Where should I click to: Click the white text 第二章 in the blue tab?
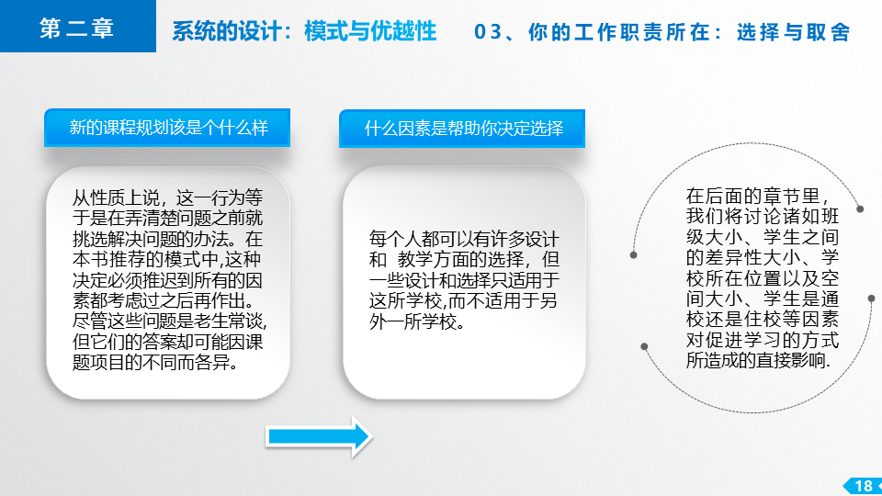[77, 28]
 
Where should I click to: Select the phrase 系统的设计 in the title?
[227, 31]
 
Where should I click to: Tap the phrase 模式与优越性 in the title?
[370, 31]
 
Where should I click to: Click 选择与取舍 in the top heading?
[793, 32]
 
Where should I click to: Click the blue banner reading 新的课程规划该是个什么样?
[167, 128]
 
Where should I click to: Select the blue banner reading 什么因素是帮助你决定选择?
[462, 129]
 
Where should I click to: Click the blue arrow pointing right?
[319, 436]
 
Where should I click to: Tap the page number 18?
[864, 486]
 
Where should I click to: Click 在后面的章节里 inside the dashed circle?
[752, 196]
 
